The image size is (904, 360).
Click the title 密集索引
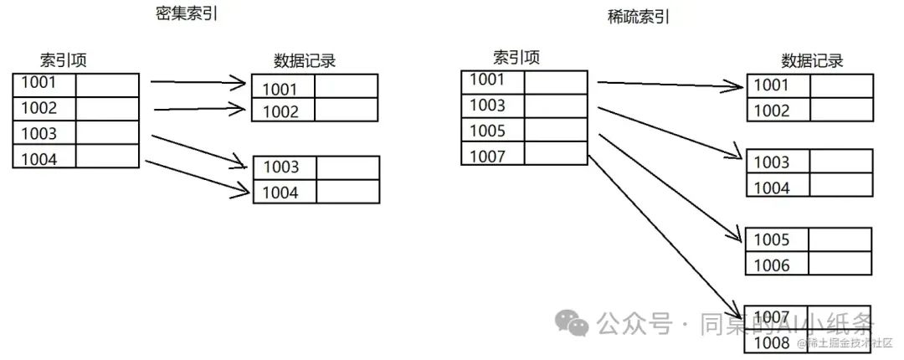click(182, 14)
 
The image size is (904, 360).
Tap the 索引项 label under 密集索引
click(64, 60)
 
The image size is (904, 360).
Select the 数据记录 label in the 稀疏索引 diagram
click(812, 60)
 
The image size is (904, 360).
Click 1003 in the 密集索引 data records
click(281, 167)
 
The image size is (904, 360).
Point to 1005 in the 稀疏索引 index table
click(493, 130)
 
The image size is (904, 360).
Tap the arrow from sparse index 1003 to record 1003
click(670, 131)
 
